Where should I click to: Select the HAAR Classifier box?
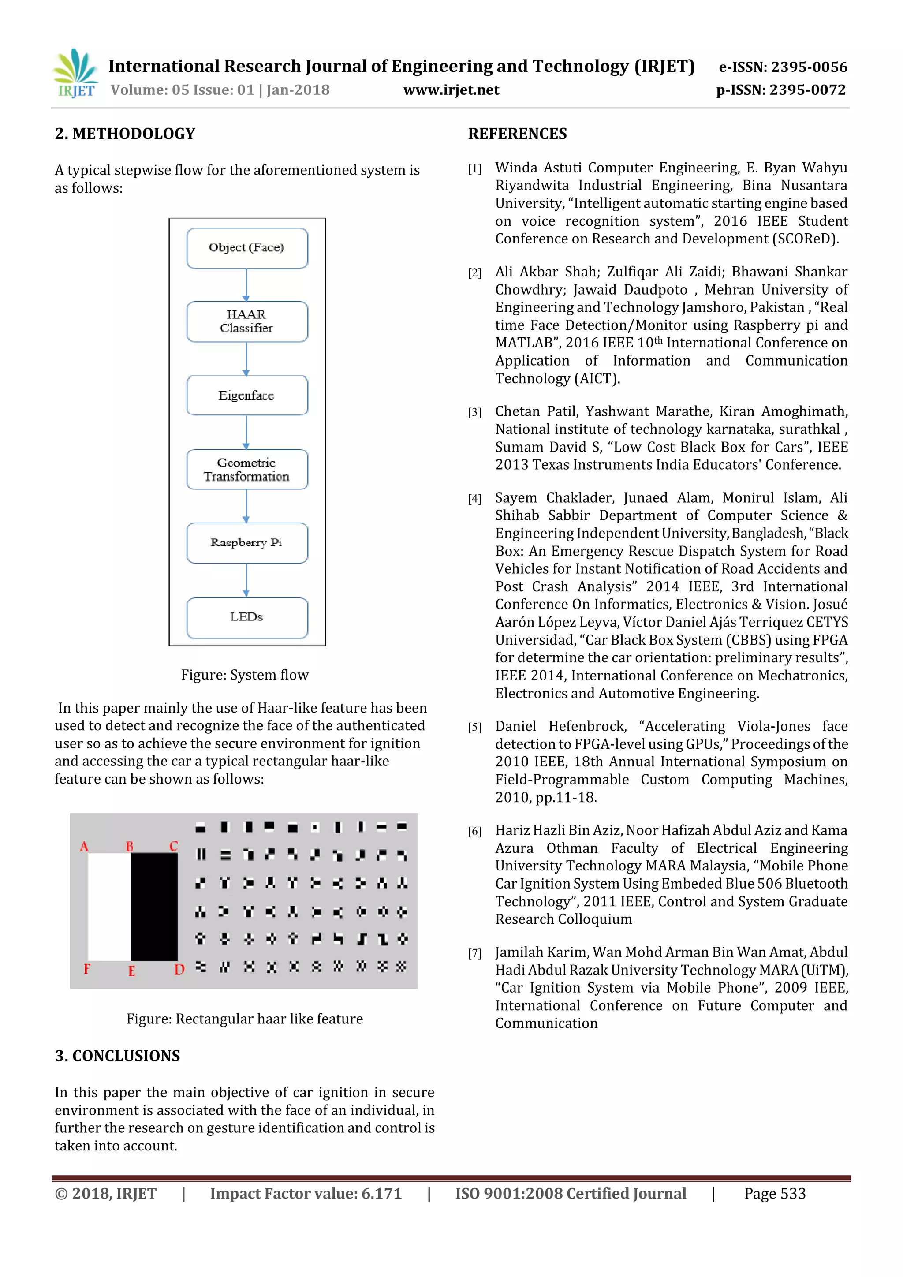(x=247, y=321)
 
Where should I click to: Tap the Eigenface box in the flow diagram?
(x=247, y=396)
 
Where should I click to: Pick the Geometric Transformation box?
(x=247, y=470)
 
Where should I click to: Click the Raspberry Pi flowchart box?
(x=247, y=543)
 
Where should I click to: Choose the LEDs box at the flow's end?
(x=247, y=617)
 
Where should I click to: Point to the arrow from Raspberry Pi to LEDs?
(x=246, y=580)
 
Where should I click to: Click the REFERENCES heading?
(x=517, y=134)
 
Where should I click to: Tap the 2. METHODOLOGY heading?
(x=125, y=134)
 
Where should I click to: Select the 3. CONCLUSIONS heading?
(x=117, y=1056)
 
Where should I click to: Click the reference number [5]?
(x=474, y=728)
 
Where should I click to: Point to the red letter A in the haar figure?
(x=84, y=847)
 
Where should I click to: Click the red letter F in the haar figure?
(x=87, y=969)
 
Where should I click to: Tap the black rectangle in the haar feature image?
(x=154, y=907)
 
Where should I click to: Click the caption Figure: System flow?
(x=245, y=675)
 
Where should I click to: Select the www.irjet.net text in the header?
(x=451, y=90)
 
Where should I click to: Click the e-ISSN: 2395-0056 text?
(x=783, y=67)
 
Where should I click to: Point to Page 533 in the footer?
(x=775, y=1194)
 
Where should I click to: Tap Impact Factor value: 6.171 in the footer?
(x=305, y=1194)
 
